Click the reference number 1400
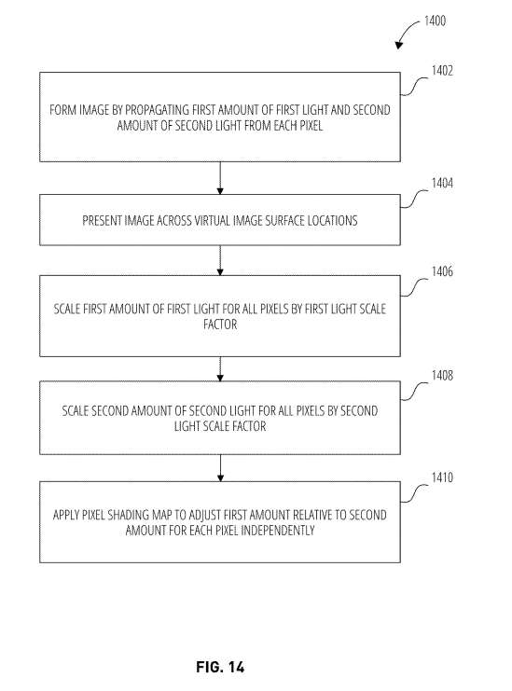click(x=433, y=20)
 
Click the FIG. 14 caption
click(x=221, y=667)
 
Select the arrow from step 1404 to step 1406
click(x=219, y=260)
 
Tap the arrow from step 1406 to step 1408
click(x=219, y=366)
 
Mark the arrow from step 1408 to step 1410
click(x=219, y=468)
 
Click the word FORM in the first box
click(x=62, y=110)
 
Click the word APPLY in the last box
click(x=67, y=514)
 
